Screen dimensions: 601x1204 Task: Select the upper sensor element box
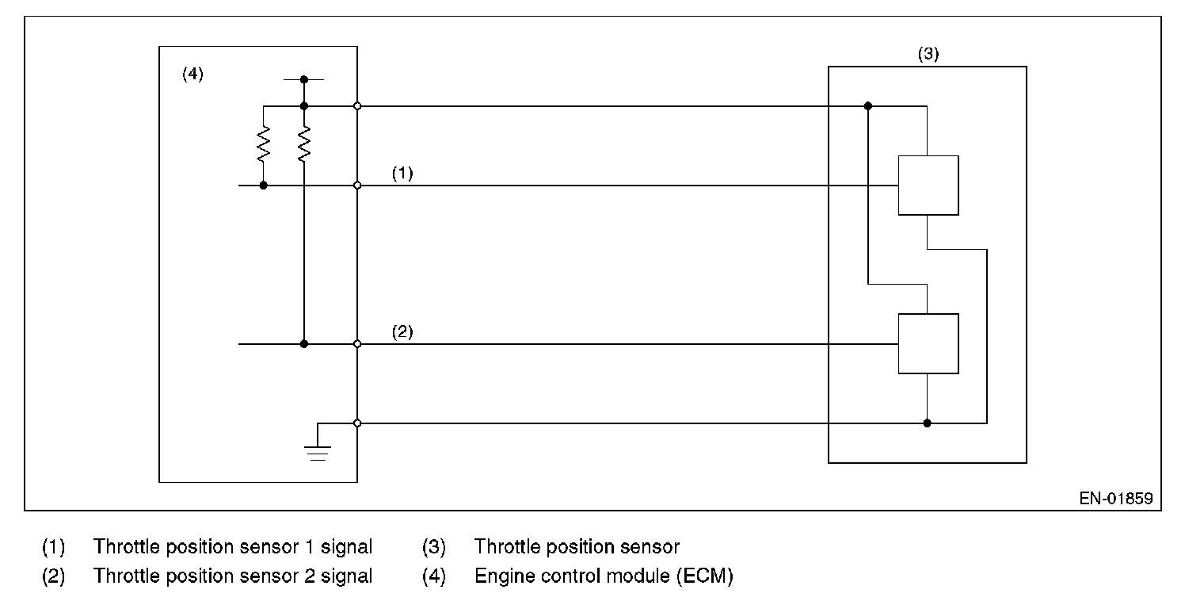point(928,186)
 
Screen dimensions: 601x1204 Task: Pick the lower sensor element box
point(928,343)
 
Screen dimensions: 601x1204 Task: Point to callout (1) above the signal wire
point(402,174)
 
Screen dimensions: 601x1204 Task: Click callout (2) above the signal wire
point(402,332)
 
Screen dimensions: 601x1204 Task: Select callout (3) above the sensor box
point(928,55)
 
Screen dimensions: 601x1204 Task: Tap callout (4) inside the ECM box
point(192,75)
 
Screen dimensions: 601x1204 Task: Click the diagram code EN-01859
point(1115,499)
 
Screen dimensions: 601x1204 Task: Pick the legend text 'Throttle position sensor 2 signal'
point(232,576)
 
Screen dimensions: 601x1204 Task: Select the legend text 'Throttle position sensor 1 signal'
point(232,546)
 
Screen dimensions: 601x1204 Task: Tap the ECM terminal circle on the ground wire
point(357,423)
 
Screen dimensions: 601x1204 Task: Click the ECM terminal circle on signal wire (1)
point(357,186)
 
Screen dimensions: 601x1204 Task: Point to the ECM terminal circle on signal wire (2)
point(357,344)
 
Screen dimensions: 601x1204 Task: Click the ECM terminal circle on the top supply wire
point(357,105)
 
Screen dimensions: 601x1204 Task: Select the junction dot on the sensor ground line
point(928,423)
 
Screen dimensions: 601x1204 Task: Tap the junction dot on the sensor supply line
point(868,105)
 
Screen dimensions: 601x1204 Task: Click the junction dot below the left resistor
point(263,186)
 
